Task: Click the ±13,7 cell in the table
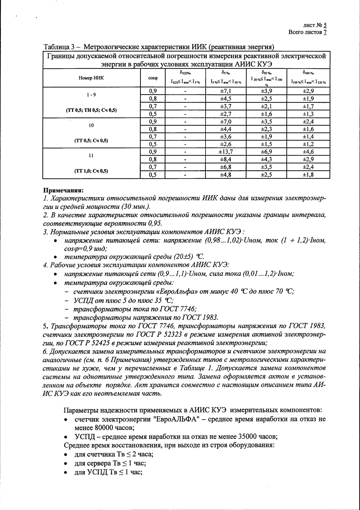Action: coord(226,152)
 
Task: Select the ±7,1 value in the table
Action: coord(226,91)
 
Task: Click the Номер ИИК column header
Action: coord(91,78)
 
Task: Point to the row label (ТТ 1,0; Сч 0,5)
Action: coord(91,171)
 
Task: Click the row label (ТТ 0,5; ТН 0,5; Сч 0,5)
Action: coord(91,110)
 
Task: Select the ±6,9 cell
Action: coord(266,152)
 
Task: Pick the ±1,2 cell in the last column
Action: coord(308,144)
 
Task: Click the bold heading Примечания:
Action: coord(63,190)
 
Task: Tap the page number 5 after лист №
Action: coord(325,25)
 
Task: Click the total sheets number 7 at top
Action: coord(325,32)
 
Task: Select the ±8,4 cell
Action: coord(226,159)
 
